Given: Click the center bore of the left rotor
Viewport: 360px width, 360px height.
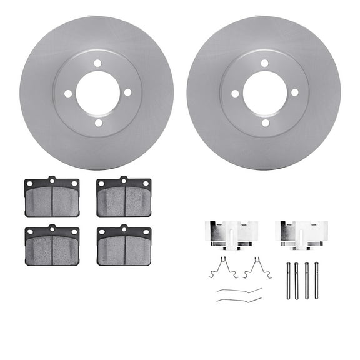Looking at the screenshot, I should [97, 92].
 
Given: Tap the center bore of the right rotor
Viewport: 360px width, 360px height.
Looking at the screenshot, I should [264, 93].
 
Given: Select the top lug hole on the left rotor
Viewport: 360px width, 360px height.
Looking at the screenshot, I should [97, 62].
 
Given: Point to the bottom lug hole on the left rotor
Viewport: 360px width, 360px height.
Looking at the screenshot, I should [97, 122].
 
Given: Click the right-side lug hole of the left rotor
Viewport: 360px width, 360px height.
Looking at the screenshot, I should [127, 92].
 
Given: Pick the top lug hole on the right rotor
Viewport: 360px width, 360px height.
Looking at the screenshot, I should [264, 63].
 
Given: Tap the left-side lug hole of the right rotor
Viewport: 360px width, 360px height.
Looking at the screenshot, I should [235, 93].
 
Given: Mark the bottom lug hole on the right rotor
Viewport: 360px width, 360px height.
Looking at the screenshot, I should [264, 123].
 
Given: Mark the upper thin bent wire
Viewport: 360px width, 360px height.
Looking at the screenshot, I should [239, 291].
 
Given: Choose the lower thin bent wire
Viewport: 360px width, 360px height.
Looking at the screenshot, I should [239, 300].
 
